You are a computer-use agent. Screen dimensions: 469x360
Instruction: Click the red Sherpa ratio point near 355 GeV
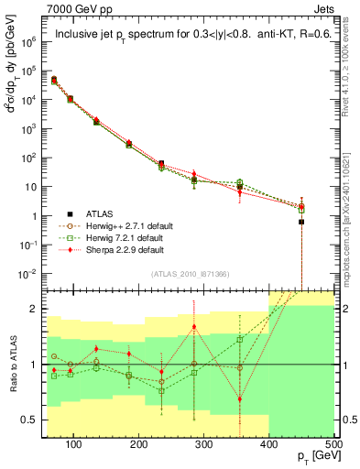coord(240,399)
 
